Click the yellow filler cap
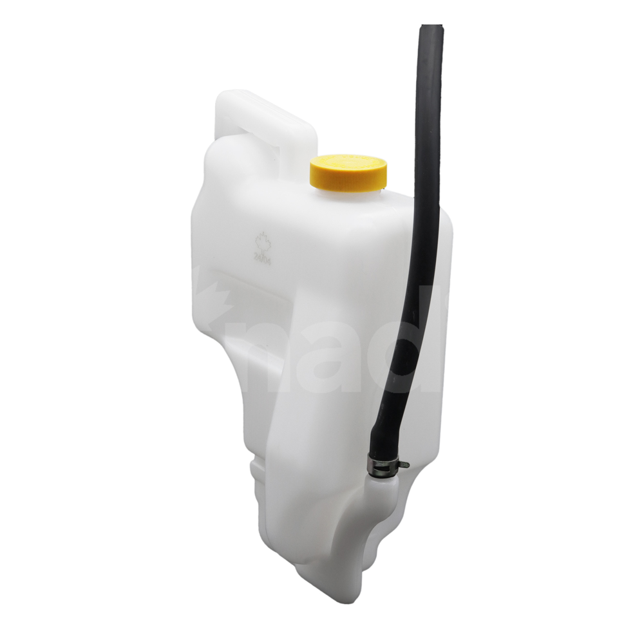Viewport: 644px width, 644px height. pos(348,172)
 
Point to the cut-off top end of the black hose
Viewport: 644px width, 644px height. pos(432,29)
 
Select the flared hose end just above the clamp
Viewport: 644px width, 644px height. pos(382,444)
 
